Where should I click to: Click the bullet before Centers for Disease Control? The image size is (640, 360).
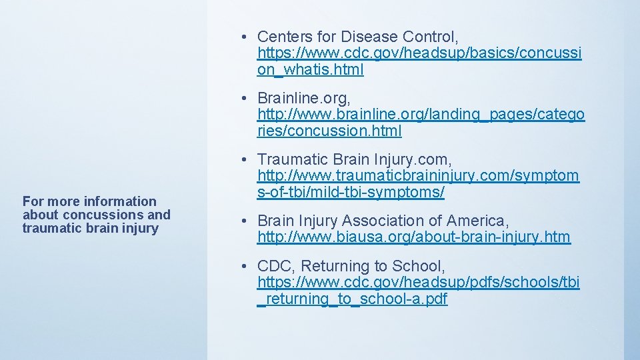click(246, 37)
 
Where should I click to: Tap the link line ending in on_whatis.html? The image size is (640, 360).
click(311, 69)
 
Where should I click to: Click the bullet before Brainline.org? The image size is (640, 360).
click(246, 98)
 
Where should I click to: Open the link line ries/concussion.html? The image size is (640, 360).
click(329, 131)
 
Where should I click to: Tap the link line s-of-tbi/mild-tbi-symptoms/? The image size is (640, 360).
click(351, 193)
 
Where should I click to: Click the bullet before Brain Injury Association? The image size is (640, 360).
click(246, 221)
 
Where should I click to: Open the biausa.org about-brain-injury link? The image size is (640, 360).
click(414, 237)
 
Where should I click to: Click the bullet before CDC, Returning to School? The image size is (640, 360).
click(246, 267)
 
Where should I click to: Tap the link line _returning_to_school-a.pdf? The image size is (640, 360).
click(352, 299)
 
